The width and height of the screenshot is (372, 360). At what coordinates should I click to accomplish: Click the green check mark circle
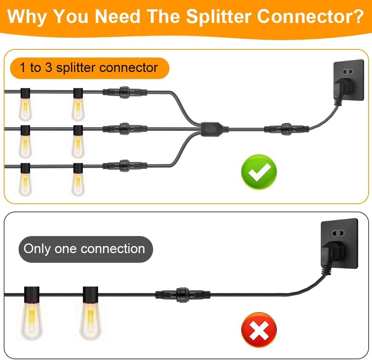(x=259, y=172)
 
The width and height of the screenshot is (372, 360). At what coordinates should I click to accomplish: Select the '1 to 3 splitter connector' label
(x=89, y=68)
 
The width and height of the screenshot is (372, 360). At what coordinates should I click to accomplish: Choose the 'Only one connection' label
(x=84, y=249)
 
